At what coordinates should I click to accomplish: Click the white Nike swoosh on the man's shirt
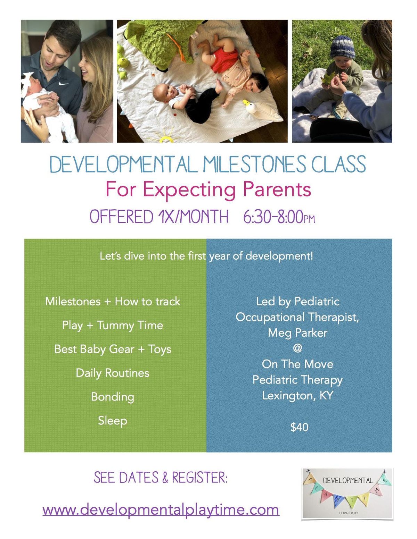pyautogui.click(x=63, y=84)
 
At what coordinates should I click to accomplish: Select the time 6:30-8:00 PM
pyautogui.click(x=279, y=217)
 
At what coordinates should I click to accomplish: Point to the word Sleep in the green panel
pyautogui.click(x=113, y=421)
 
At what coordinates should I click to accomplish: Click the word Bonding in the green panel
pyautogui.click(x=113, y=397)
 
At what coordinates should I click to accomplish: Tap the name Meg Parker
pyautogui.click(x=297, y=333)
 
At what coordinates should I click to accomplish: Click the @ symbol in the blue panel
pyautogui.click(x=297, y=348)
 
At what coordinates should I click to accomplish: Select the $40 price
pyautogui.click(x=299, y=427)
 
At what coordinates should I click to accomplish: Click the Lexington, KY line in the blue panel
pyautogui.click(x=297, y=396)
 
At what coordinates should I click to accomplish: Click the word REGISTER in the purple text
pyautogui.click(x=200, y=478)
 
